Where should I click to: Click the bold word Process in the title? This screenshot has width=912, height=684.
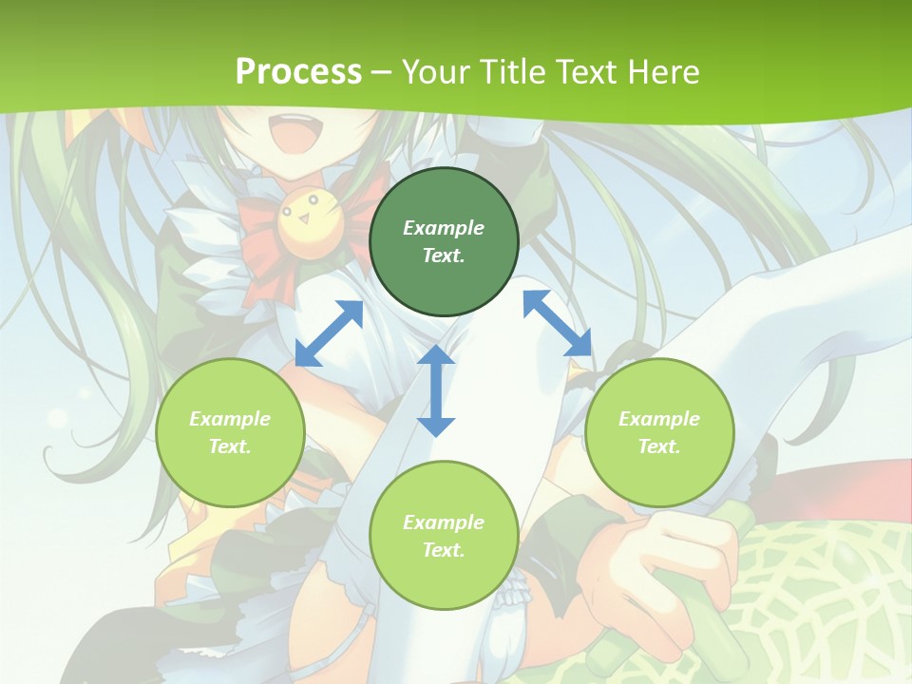pyautogui.click(x=298, y=71)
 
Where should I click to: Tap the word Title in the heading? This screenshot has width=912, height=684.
pyautogui.click(x=512, y=71)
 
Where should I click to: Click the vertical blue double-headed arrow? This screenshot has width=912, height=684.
pyautogui.click(x=436, y=390)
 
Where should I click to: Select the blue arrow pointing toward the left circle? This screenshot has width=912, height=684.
pyautogui.click(x=329, y=332)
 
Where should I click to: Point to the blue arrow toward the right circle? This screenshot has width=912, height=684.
pyautogui.click(x=558, y=323)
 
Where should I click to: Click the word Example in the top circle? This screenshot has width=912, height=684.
pyautogui.click(x=444, y=228)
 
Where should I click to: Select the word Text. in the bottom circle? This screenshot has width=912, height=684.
pyautogui.click(x=444, y=550)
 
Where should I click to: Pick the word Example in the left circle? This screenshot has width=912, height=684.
pyautogui.click(x=230, y=419)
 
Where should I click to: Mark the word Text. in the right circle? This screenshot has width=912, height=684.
pyautogui.click(x=659, y=446)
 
